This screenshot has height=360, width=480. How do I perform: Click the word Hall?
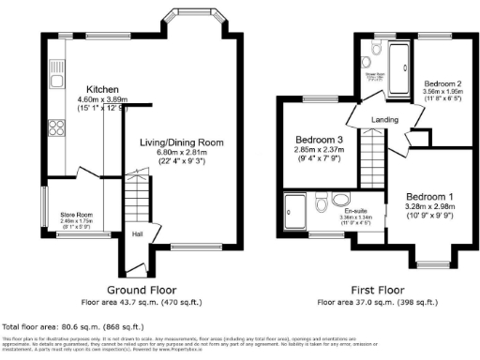click(137, 233)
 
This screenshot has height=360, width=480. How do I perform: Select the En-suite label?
click(356, 211)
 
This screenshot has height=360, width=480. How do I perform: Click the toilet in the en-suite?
click(322, 202)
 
